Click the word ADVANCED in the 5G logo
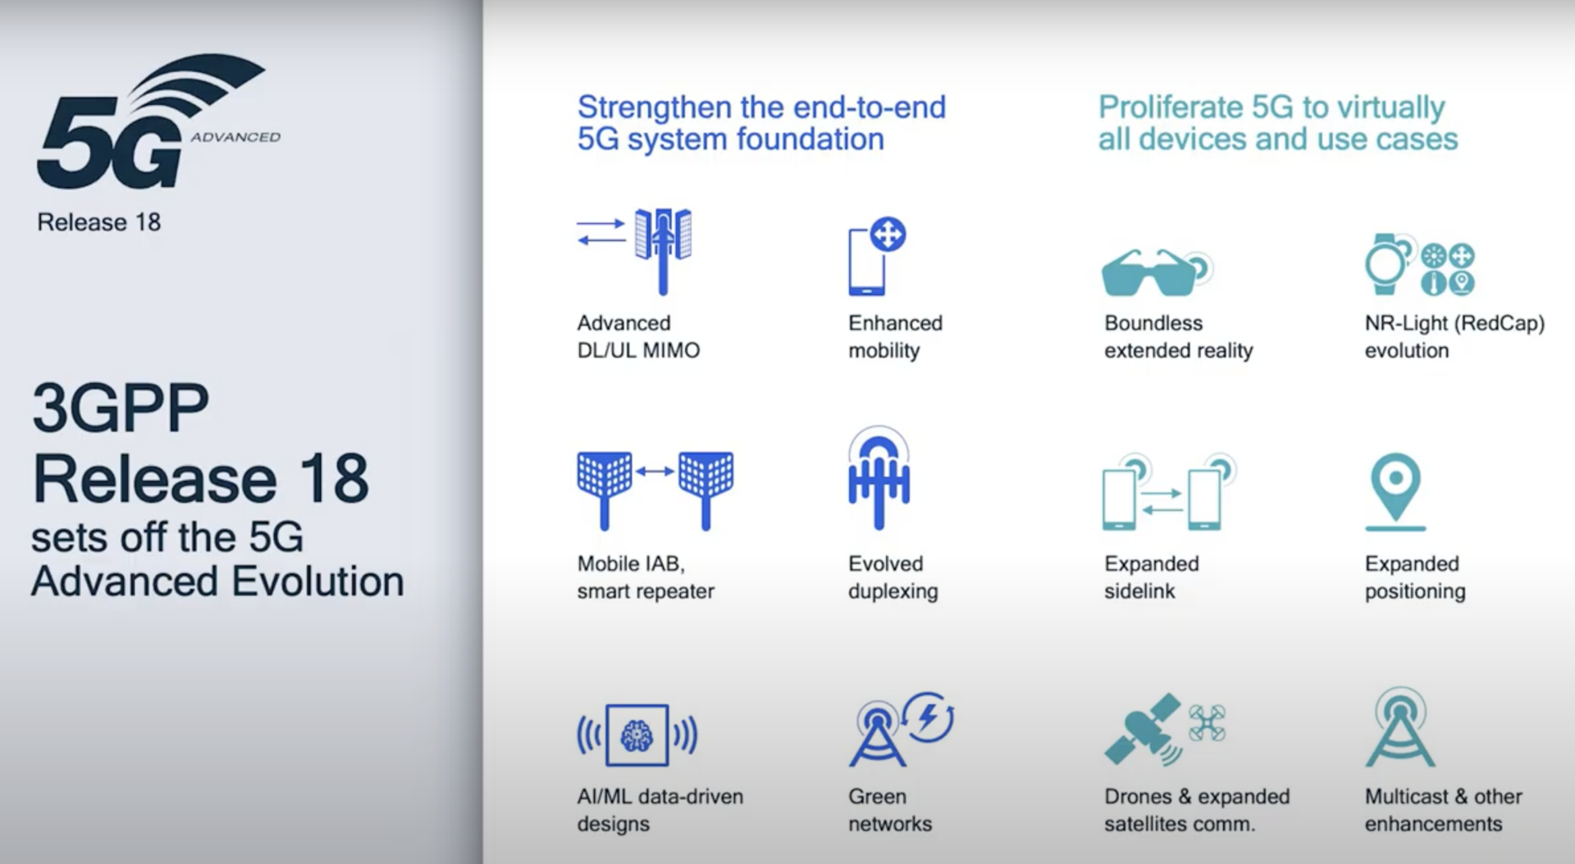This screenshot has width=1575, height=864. pyautogui.click(x=235, y=137)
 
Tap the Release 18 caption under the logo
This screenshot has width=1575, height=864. pyautogui.click(x=98, y=222)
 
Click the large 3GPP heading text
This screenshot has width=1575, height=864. pyautogui.click(x=121, y=408)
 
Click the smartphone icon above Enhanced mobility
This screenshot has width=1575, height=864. pyautogui.click(x=866, y=263)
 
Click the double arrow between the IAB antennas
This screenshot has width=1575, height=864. pyautogui.click(x=655, y=471)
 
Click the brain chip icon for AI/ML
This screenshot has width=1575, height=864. pyautogui.click(x=637, y=735)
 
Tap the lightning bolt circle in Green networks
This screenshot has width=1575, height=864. pyautogui.click(x=929, y=717)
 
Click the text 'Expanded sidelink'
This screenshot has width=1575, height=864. pyautogui.click(x=1151, y=577)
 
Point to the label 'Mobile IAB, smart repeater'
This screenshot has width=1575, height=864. pyautogui.click(x=645, y=577)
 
